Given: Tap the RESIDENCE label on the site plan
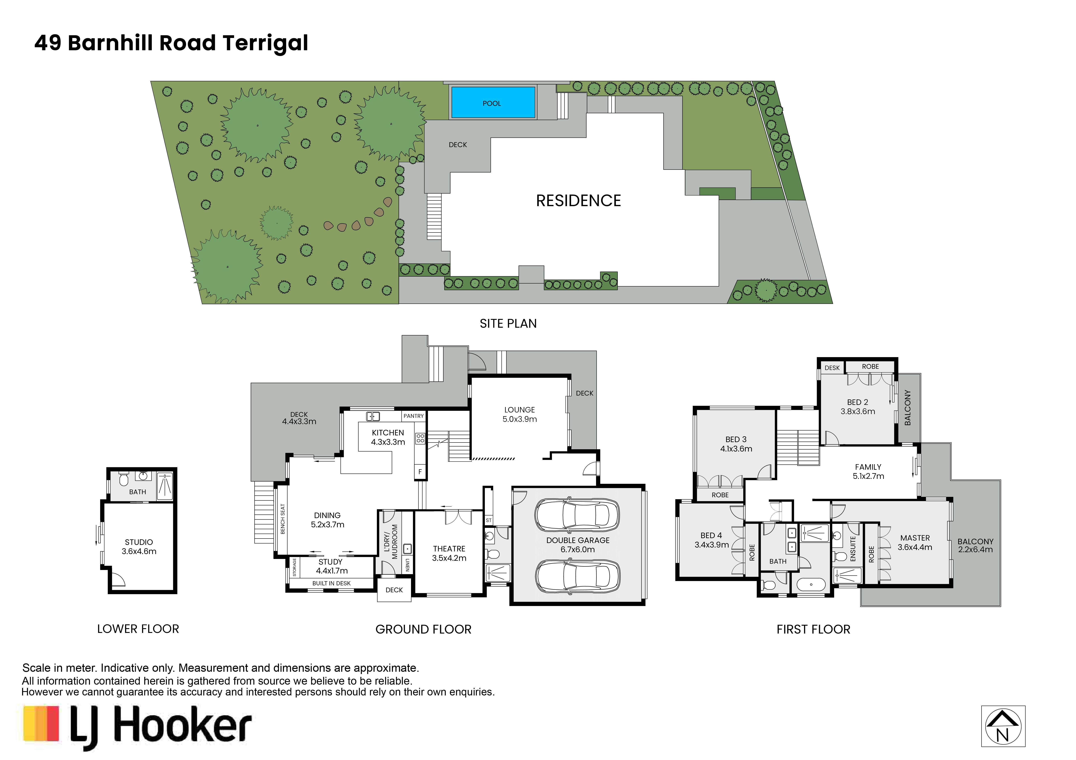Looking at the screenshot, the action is tap(578, 201).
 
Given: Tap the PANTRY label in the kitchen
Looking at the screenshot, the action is tap(413, 416).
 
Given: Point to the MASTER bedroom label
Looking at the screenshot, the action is tap(915, 542).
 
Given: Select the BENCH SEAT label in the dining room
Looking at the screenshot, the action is tap(283, 519).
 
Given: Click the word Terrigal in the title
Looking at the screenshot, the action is tap(265, 43).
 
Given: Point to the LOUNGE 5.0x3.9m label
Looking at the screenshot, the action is tap(520, 414).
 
